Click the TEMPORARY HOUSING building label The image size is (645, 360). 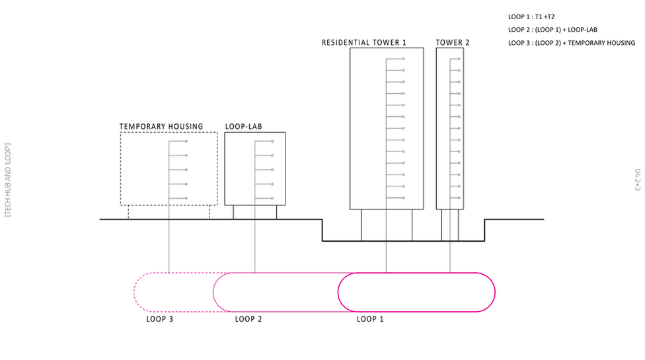tap(161, 126)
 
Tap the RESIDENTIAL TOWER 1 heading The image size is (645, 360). tap(363, 43)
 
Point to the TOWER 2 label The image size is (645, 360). tap(453, 43)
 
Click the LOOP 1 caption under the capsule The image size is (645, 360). tap(370, 320)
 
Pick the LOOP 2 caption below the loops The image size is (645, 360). tap(249, 320)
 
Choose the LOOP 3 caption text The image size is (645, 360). tap(159, 320)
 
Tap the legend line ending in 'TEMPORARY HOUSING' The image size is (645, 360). tap(571, 43)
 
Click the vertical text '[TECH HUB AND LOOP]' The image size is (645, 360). tap(8, 180)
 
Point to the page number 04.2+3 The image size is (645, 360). tap(638, 180)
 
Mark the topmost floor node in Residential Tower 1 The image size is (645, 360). tap(404, 59)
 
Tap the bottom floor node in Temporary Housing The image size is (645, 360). tap(187, 199)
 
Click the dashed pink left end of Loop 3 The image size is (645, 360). tap(135, 292)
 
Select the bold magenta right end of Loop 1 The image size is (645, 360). tap(494, 292)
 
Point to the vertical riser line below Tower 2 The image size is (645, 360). tap(450, 254)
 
